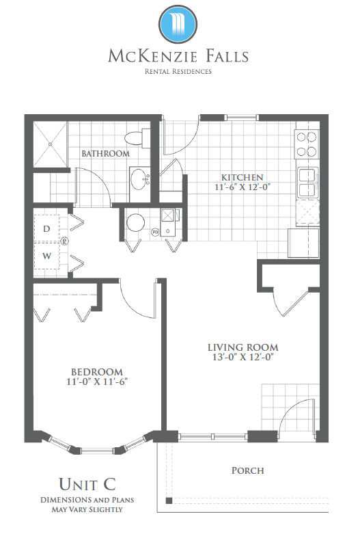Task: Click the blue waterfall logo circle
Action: pyautogui.click(x=178, y=25)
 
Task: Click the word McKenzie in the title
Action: pyautogui.click(x=153, y=56)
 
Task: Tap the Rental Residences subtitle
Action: pyautogui.click(x=178, y=72)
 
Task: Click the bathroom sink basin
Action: pyautogui.click(x=140, y=179)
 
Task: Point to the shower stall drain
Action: pyautogui.click(x=51, y=144)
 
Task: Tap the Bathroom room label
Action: pyautogui.click(x=105, y=154)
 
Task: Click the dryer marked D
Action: pyautogui.click(x=46, y=228)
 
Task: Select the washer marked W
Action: pyautogui.click(x=46, y=256)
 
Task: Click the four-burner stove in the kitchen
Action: pyautogui.click(x=307, y=144)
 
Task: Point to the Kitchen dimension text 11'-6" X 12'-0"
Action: pyautogui.click(x=243, y=187)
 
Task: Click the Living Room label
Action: pyautogui.click(x=243, y=347)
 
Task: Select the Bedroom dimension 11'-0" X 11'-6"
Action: pyautogui.click(x=97, y=382)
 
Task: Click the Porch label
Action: pyautogui.click(x=248, y=470)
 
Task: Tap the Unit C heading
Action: pyautogui.click(x=87, y=484)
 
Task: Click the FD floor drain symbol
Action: pyautogui.click(x=155, y=232)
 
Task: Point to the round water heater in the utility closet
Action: pyautogui.click(x=136, y=223)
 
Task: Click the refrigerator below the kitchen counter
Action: pyautogui.click(x=303, y=243)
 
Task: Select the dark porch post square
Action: pyautogui.click(x=169, y=500)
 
